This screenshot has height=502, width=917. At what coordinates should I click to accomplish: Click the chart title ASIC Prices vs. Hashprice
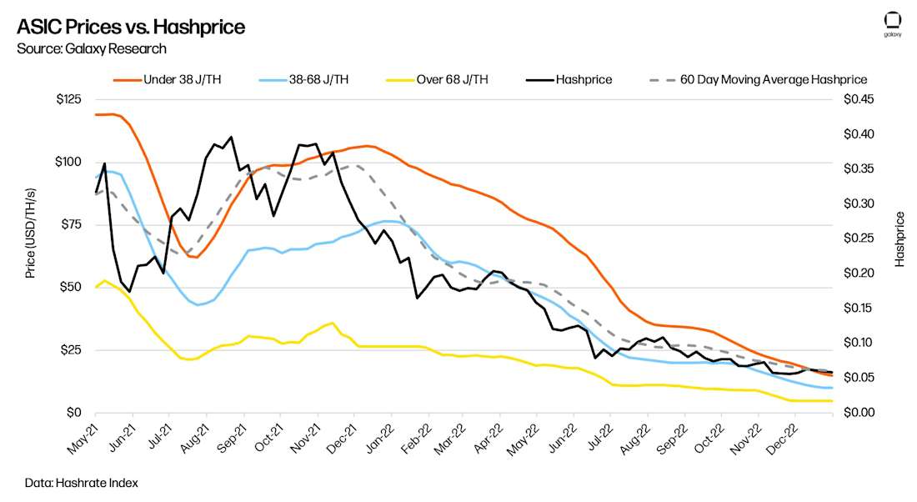point(131,28)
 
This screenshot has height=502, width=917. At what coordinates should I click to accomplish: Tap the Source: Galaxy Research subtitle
point(92,49)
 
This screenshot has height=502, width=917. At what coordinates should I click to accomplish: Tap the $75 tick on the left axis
point(69,225)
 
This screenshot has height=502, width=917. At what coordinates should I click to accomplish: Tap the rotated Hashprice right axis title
point(899,239)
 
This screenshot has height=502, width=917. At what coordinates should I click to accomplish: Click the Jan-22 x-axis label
point(376,438)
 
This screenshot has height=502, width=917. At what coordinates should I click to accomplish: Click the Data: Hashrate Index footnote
point(81,483)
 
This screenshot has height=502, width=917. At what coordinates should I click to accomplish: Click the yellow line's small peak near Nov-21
point(333,323)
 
